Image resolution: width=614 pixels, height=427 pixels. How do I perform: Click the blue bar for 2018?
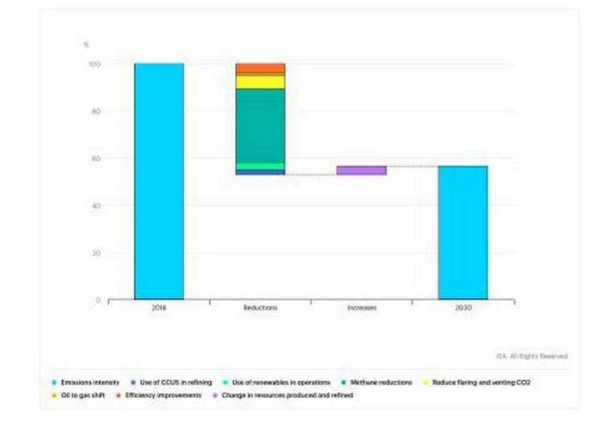point(158,181)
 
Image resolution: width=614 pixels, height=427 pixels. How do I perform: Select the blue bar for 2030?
point(462,232)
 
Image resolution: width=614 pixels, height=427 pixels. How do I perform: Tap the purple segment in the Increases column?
point(362,170)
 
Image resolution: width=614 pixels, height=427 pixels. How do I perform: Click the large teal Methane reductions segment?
point(260,125)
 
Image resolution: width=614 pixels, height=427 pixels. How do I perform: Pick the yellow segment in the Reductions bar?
point(260,82)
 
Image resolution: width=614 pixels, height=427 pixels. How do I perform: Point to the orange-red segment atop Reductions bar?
point(260,68)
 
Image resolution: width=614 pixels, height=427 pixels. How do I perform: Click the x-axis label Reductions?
point(260,308)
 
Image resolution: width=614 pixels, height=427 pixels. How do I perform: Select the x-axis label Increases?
point(362,308)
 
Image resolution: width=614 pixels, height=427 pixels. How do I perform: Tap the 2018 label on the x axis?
point(158,308)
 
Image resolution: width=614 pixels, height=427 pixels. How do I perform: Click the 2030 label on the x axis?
point(462,308)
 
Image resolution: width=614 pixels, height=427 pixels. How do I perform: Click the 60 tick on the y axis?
point(96,158)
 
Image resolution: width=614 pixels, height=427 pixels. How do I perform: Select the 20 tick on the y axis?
point(96,253)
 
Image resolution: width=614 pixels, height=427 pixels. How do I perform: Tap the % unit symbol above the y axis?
point(86,44)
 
